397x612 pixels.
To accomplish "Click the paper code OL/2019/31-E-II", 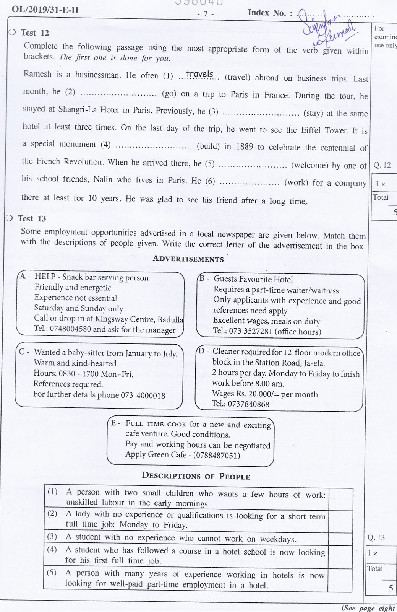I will click(x=45, y=10).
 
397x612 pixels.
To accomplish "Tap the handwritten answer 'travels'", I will click(x=200, y=74).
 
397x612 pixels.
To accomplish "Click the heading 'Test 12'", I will click(x=35, y=33).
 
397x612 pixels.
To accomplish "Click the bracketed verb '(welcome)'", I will click(x=309, y=166).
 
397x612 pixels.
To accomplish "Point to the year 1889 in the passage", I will click(x=244, y=146).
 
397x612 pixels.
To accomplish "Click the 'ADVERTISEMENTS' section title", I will click(x=188, y=259).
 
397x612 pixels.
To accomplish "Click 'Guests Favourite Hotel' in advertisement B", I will click(x=253, y=279).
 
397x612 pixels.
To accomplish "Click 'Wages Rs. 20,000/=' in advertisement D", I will click(x=245, y=394).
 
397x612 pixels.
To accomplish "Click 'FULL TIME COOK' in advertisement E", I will click(x=156, y=424).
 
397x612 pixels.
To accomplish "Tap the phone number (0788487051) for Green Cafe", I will click(x=217, y=456).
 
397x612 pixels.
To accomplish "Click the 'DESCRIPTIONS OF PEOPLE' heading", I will click(x=196, y=476).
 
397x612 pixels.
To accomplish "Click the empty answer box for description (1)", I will click(x=340, y=497).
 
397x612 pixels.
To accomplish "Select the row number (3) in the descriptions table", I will click(x=52, y=537).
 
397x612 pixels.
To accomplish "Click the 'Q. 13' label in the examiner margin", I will click(x=376, y=538).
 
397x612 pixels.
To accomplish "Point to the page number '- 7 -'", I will click(x=206, y=13).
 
